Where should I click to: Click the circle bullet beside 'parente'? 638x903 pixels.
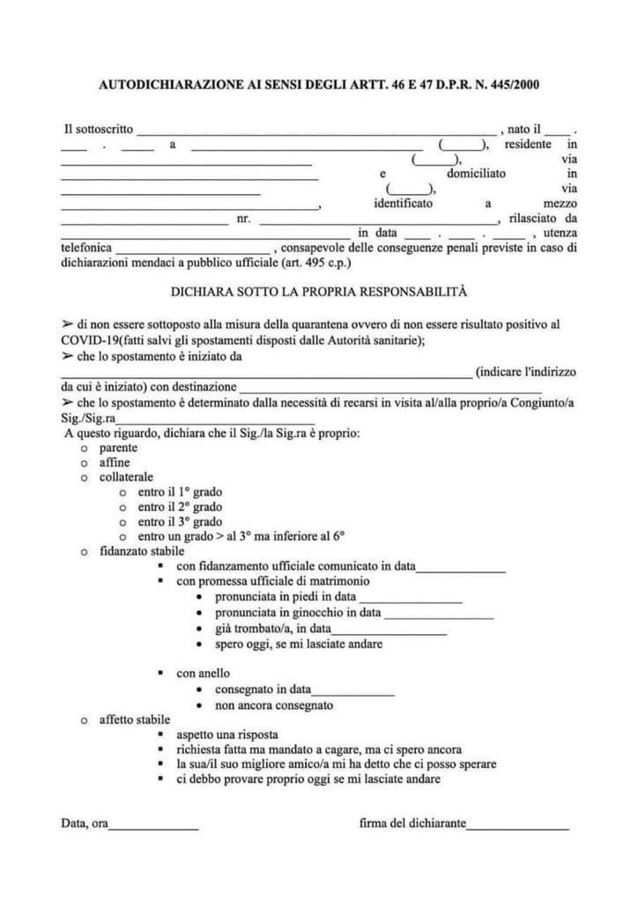pos(84,448)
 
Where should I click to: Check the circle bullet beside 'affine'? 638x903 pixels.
pos(84,463)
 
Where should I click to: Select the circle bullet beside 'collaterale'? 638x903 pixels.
pos(84,478)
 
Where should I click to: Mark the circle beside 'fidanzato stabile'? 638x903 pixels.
pos(84,552)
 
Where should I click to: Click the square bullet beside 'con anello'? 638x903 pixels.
pos(160,674)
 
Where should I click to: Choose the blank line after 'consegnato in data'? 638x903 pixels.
pos(352,693)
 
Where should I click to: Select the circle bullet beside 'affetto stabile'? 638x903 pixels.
pos(84,721)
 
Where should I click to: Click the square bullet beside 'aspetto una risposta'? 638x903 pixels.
pos(160,735)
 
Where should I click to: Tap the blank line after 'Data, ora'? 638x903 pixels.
pos(153,828)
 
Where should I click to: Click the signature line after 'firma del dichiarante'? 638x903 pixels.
pos(518,828)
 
